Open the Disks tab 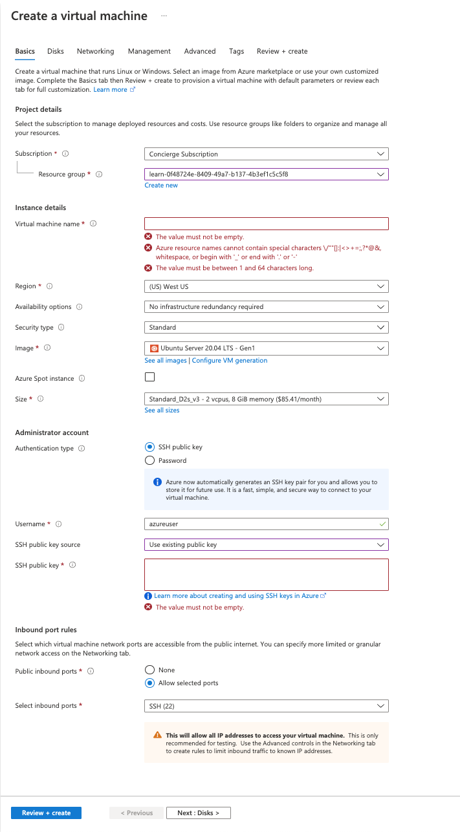click(x=56, y=51)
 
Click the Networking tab click(x=95, y=51)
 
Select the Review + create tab click(x=282, y=51)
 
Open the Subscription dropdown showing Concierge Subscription click(x=266, y=154)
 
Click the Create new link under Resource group click(x=161, y=186)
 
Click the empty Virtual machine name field click(x=266, y=224)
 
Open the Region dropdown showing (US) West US click(x=266, y=286)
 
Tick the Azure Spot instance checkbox click(x=150, y=378)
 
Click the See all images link click(x=166, y=361)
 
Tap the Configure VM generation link click(x=230, y=361)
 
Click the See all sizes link click(x=162, y=411)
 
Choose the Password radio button click(x=150, y=461)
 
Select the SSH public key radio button click(x=150, y=447)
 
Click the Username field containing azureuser click(x=266, y=524)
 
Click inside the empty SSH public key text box click(x=266, y=575)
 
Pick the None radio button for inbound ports click(x=150, y=670)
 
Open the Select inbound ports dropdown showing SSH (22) click(x=266, y=707)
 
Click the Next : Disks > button click(x=199, y=813)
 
